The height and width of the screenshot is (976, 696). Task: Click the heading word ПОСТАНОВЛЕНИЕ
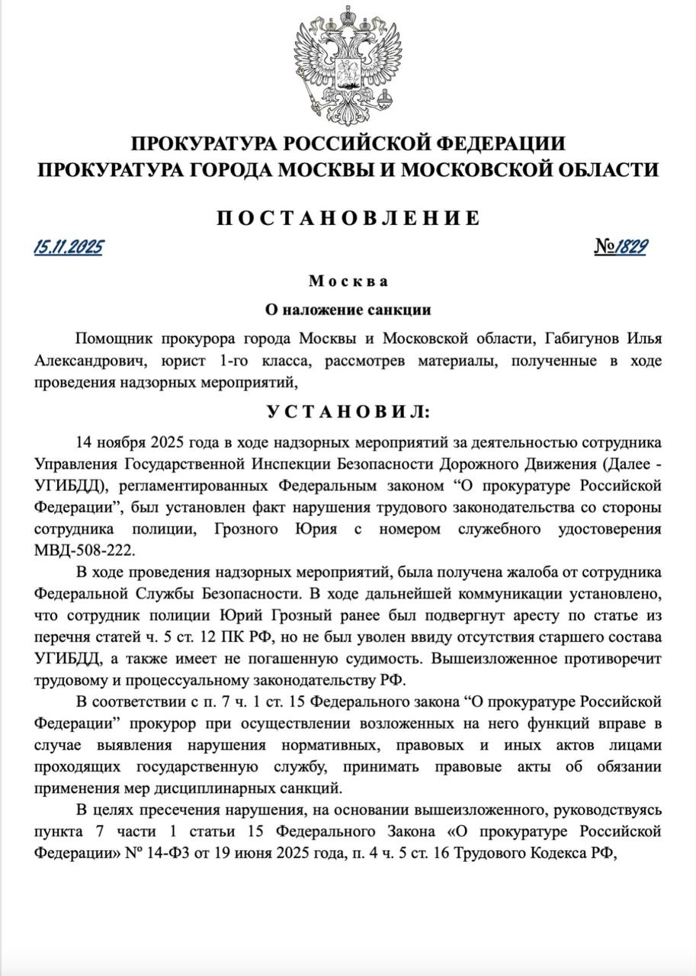(x=348, y=218)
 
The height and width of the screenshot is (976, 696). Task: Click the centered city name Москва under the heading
(x=348, y=281)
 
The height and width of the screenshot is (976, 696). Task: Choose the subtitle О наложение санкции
(x=348, y=310)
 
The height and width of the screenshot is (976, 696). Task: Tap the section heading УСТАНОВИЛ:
(x=348, y=412)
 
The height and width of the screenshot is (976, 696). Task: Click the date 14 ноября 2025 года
(x=137, y=442)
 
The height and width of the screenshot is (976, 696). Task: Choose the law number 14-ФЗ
(x=154, y=849)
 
